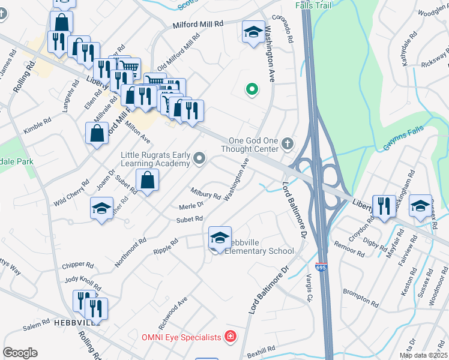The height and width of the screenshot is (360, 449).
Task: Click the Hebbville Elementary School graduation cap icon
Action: [220, 238]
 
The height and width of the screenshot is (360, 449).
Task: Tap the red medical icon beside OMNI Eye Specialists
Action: [229, 337]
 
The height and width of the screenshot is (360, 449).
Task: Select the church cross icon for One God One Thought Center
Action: [288, 143]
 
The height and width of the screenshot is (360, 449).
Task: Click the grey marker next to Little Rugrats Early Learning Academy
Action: [200, 159]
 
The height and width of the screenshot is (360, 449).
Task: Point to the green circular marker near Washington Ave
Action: [252, 90]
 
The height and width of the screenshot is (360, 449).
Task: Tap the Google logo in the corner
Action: [20, 352]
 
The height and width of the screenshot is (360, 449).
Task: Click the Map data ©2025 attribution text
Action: [423, 355]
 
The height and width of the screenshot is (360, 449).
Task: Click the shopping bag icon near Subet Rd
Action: [148, 180]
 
